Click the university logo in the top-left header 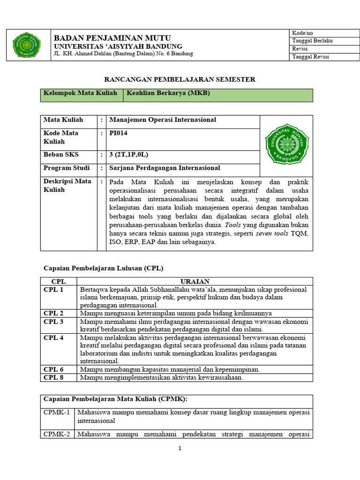click(x=26, y=45)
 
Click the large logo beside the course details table click(x=287, y=144)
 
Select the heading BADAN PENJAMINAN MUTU click(x=112, y=37)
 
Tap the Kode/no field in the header click(x=302, y=33)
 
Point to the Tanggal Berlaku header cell click(x=312, y=41)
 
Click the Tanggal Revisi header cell click(x=310, y=57)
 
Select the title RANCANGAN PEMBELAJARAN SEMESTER click(x=180, y=79)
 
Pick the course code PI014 click(x=118, y=133)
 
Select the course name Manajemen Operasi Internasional click(x=162, y=120)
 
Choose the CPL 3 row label click(x=53, y=322)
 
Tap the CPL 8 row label click(x=53, y=377)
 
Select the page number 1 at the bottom click(x=180, y=448)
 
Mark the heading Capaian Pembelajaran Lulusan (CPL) click(x=103, y=268)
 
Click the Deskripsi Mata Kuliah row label click(x=67, y=186)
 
